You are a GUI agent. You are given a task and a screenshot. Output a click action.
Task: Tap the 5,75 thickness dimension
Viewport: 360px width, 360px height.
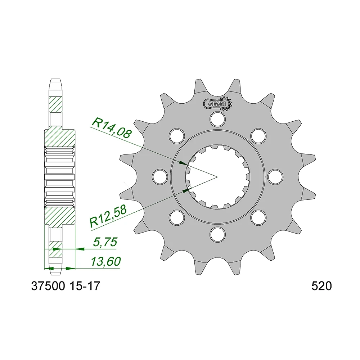[105, 242]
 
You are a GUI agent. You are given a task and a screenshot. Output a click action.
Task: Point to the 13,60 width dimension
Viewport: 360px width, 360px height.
[105, 262]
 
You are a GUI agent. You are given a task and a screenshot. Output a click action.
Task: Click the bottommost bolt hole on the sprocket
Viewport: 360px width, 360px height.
[217, 234]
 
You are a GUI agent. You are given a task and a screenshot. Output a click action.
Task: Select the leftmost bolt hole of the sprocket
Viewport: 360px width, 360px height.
[159, 176]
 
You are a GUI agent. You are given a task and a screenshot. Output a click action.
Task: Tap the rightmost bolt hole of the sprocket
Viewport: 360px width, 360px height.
[275, 176]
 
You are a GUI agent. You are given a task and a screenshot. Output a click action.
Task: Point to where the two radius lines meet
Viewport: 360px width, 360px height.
[217, 176]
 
